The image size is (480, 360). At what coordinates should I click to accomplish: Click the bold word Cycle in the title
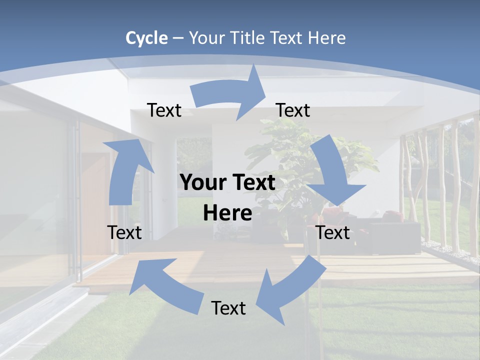click(146, 38)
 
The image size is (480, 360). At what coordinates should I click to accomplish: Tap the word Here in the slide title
click(326, 38)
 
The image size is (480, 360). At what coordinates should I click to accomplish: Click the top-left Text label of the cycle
click(164, 110)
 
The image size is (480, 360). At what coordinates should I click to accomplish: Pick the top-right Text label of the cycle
click(293, 110)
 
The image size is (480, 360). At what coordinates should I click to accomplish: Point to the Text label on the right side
click(333, 232)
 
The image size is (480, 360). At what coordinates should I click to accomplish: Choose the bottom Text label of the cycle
click(228, 308)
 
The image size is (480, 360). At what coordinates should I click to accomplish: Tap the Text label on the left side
click(124, 232)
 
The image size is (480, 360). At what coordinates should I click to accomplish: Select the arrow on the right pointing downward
click(334, 175)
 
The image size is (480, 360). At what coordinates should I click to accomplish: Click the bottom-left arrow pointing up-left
click(165, 285)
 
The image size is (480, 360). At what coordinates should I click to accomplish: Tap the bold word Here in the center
click(227, 213)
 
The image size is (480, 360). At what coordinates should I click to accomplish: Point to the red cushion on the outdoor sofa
click(393, 217)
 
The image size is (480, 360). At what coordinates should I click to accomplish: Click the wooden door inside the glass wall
click(95, 200)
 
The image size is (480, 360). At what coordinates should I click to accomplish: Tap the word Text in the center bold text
click(253, 183)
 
